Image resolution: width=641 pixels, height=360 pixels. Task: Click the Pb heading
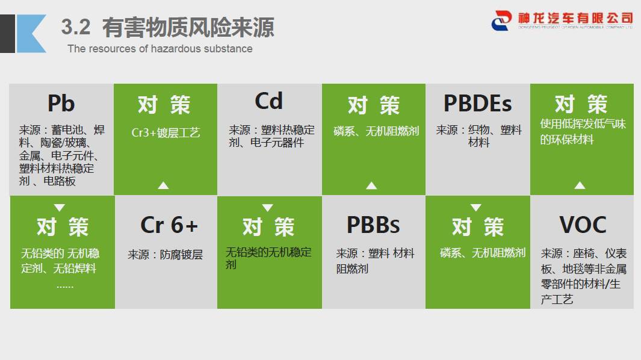[x=61, y=103]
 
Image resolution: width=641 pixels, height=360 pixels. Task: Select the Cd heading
[x=268, y=101]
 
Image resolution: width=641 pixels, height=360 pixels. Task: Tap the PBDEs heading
[x=477, y=103]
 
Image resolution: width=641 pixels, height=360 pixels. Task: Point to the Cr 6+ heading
[x=169, y=225]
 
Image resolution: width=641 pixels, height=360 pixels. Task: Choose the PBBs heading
[x=373, y=225]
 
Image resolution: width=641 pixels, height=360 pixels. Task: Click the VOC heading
[x=583, y=225]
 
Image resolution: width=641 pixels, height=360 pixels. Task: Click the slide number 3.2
[x=76, y=27]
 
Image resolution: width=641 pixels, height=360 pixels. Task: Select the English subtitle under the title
[x=160, y=49]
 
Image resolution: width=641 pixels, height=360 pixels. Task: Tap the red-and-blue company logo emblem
[x=501, y=20]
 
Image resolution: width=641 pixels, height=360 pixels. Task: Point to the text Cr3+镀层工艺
[x=166, y=132]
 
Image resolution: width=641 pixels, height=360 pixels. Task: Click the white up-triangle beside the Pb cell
[x=164, y=186]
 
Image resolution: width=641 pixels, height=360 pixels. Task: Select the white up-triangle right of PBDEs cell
[x=580, y=185]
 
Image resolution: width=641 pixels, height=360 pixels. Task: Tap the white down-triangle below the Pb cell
[x=60, y=208]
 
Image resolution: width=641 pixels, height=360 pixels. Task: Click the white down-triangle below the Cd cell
[x=268, y=208]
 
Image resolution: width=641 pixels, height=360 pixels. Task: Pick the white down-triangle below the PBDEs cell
[x=476, y=208]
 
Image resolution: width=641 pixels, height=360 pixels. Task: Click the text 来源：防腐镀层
[x=165, y=255]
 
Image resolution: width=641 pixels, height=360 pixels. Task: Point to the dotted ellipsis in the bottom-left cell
[x=65, y=287]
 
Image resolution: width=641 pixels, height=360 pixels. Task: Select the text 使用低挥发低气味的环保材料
[x=583, y=131]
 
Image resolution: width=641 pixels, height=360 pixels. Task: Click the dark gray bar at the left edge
[x=7, y=34]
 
